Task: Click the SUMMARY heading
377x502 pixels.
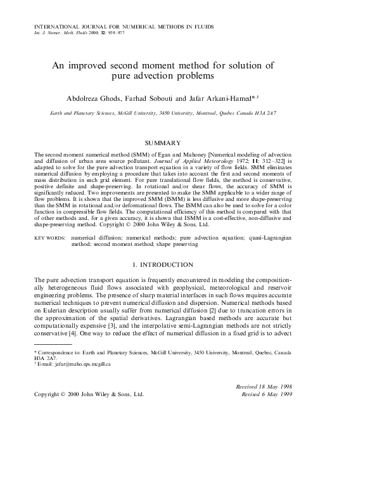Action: click(163, 143)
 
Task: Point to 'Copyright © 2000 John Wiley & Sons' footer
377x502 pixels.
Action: click(88, 394)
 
